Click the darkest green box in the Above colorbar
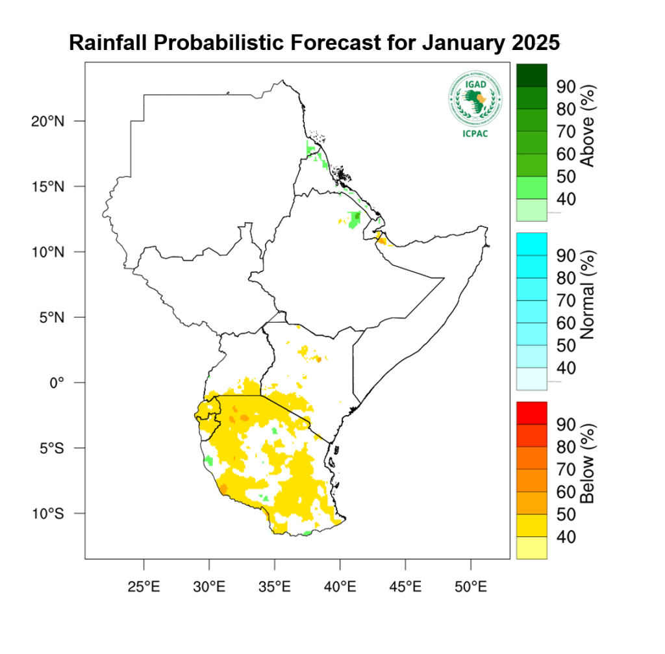pos(531,75)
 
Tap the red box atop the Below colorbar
pos(531,412)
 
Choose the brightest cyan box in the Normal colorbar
pos(531,244)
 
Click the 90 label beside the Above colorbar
pos(567,87)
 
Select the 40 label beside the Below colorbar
pos(567,537)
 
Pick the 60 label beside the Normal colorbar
pos(567,323)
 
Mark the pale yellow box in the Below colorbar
pos(531,547)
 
